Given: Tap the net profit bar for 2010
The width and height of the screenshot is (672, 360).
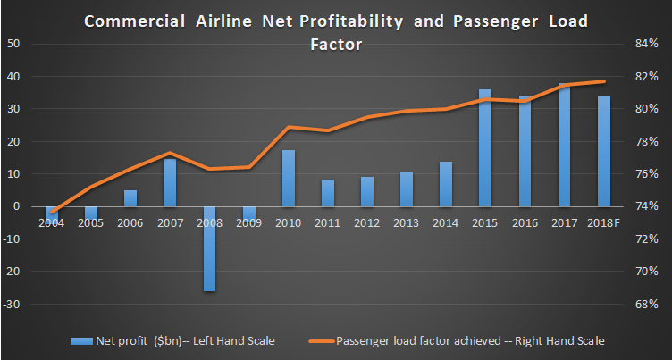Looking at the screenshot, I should pyautogui.click(x=289, y=178).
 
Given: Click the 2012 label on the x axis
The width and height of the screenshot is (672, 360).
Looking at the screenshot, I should pyautogui.click(x=367, y=222).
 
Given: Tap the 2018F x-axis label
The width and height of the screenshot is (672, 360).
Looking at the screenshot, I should pyautogui.click(x=604, y=222).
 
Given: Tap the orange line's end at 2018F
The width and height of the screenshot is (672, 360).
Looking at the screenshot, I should pyautogui.click(x=604, y=82).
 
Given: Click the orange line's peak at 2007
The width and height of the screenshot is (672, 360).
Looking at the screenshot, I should pyautogui.click(x=170, y=153).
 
